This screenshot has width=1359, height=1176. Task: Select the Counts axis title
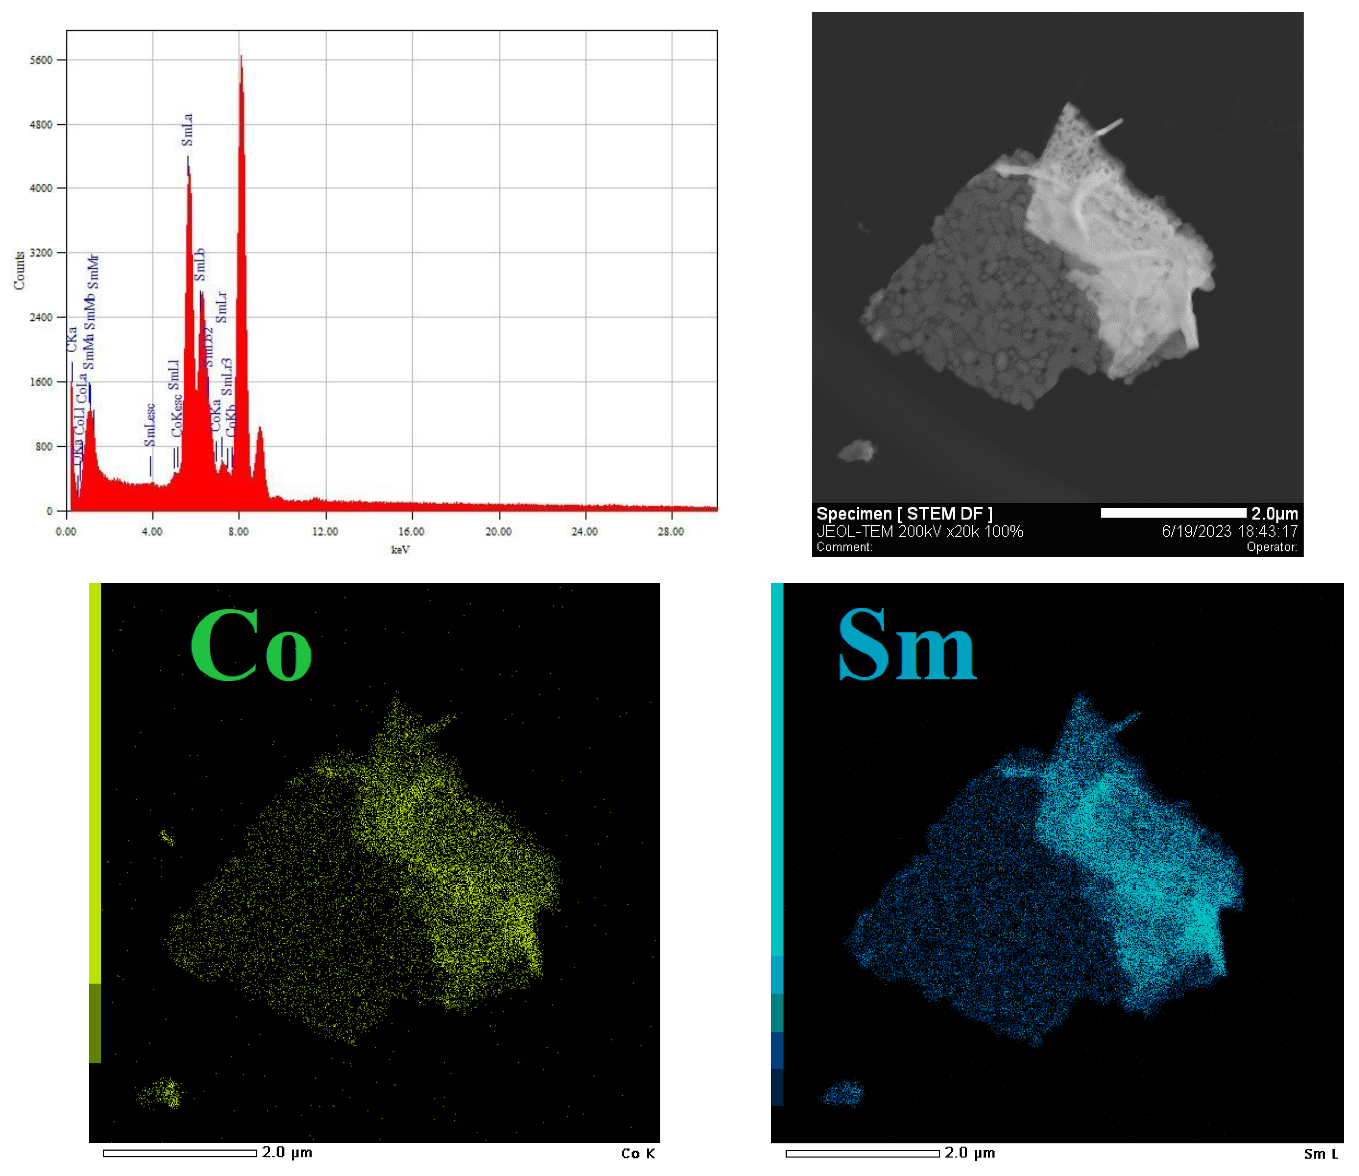tap(19, 270)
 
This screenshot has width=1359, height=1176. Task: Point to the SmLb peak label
tap(200, 264)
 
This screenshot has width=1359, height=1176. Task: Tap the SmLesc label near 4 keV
tap(149, 425)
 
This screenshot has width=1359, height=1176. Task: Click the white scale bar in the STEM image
tap(1173, 512)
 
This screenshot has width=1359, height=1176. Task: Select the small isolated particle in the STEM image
tap(856, 451)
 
